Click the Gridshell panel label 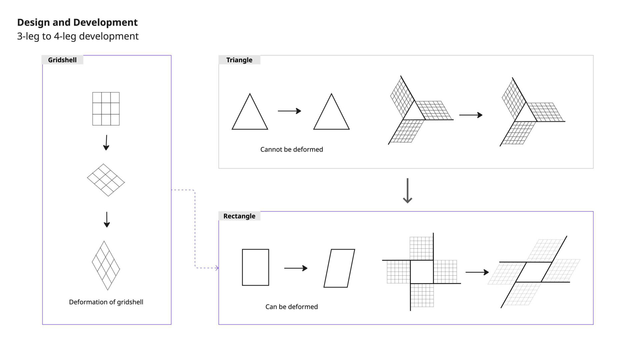(x=62, y=60)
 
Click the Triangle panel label (x=239, y=60)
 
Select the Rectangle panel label (x=239, y=216)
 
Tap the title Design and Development (x=77, y=22)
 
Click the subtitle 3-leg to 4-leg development (x=78, y=36)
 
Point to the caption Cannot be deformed (x=292, y=149)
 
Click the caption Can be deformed (x=292, y=307)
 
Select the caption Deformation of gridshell (x=106, y=302)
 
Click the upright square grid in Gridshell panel (x=106, y=109)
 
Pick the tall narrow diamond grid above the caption (x=106, y=265)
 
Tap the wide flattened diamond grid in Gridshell (x=106, y=180)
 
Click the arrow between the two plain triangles (x=289, y=111)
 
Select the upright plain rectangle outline (x=255, y=267)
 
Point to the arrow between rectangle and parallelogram (x=296, y=268)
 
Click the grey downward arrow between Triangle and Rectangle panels (x=407, y=191)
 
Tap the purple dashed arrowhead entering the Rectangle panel (x=217, y=268)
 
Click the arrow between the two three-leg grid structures (x=471, y=115)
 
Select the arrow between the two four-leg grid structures (x=477, y=272)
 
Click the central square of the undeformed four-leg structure (x=422, y=272)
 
